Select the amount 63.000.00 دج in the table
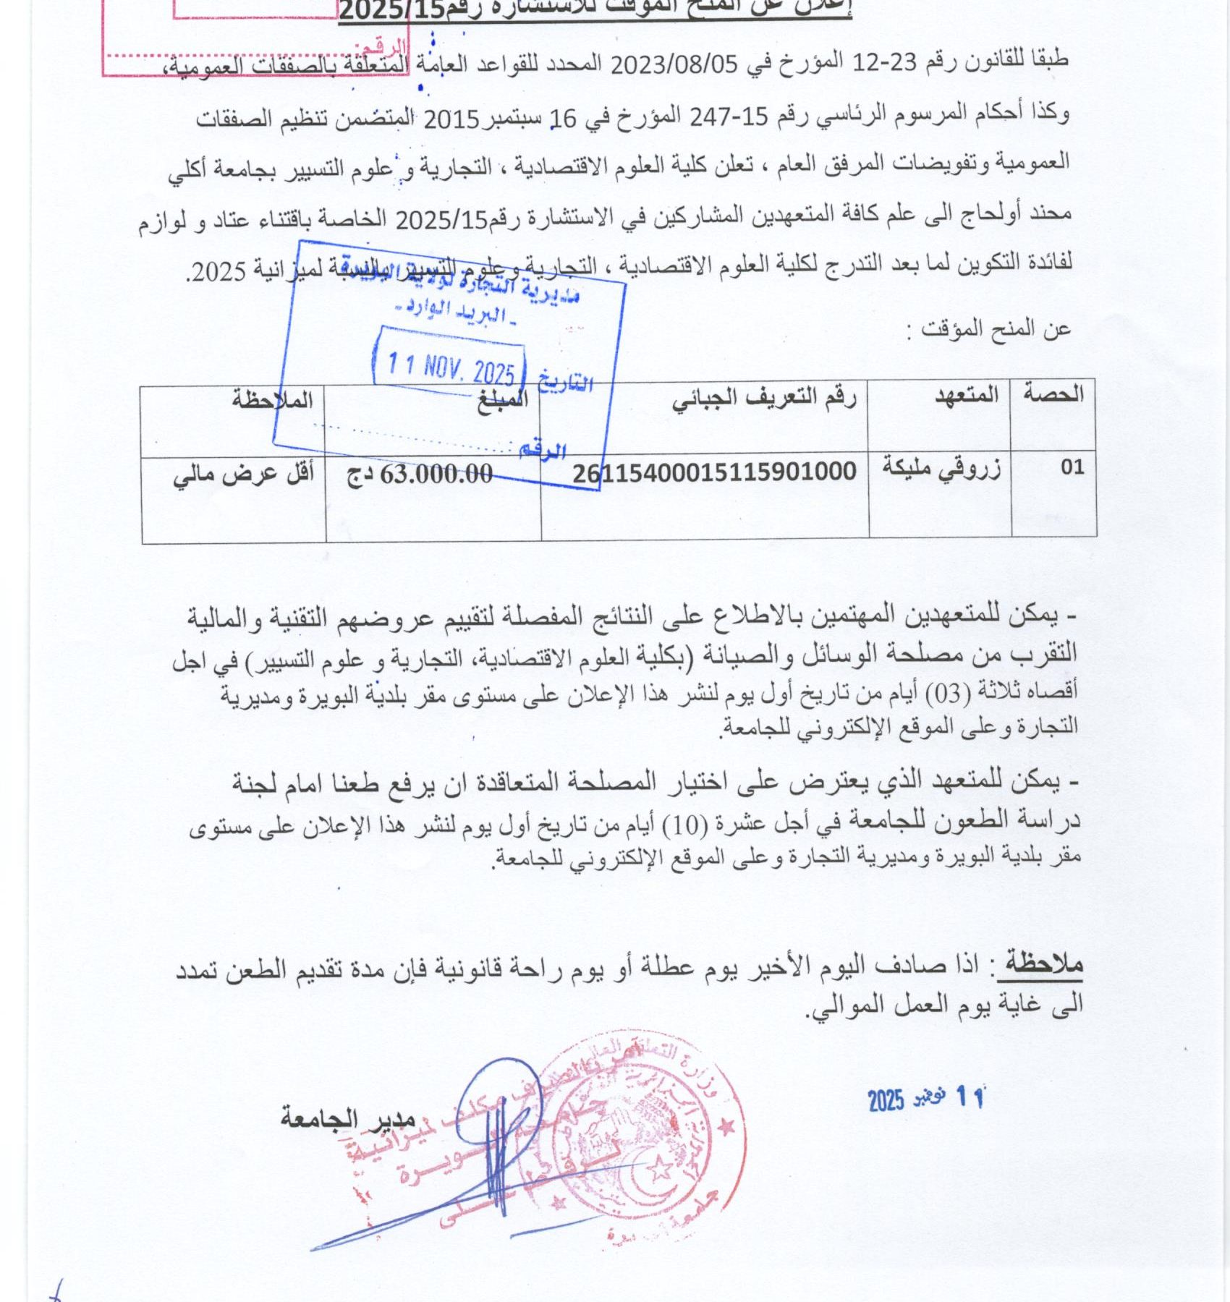click(420, 475)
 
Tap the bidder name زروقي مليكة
click(941, 469)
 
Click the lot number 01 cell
click(1072, 468)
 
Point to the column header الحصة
click(1053, 395)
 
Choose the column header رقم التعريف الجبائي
click(764, 398)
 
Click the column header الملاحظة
click(272, 400)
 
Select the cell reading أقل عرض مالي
click(243, 475)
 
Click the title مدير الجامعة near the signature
click(347, 1119)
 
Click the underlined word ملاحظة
click(1040, 963)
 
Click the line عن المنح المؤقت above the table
click(996, 330)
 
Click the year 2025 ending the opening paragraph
click(211, 271)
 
